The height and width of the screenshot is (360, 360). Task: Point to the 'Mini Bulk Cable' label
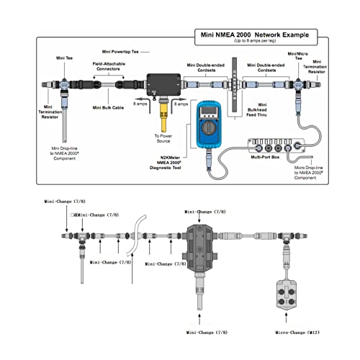pos(112,109)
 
